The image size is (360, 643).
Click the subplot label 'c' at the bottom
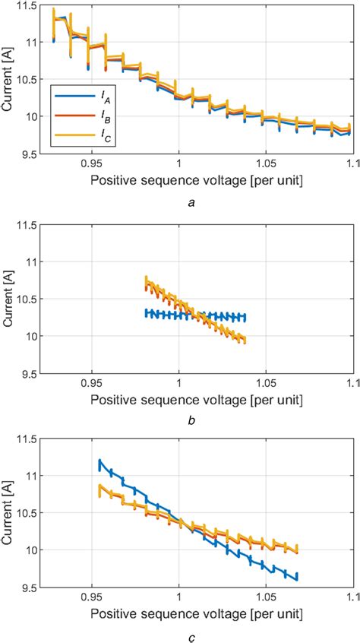point(188,635)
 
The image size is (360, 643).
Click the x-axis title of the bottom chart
point(197,613)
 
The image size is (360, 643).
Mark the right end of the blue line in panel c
point(297,577)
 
